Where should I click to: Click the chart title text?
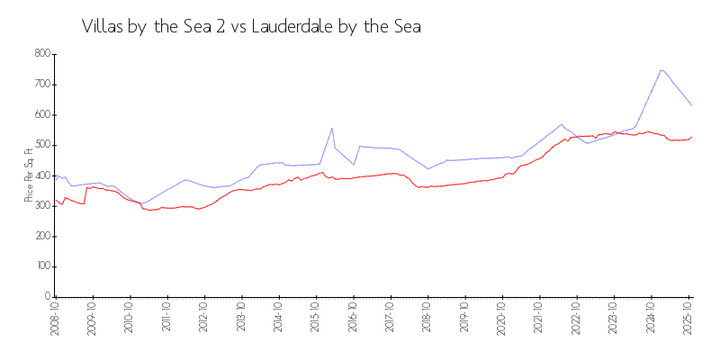point(251,27)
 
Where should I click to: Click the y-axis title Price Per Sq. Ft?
point(29,175)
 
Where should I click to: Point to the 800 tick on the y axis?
point(40,54)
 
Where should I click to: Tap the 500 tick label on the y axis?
point(40,145)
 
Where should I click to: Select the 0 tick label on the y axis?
point(46,297)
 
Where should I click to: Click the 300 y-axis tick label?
point(40,206)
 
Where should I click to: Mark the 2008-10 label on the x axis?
point(55,319)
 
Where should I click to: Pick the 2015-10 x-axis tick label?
point(316,319)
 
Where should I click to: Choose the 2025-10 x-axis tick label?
point(688,319)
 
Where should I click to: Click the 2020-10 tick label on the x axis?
point(502,319)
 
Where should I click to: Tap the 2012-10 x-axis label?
point(204,319)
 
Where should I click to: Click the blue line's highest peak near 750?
point(661,69)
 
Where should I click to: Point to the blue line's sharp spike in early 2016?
point(332,128)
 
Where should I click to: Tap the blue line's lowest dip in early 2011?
point(141,203)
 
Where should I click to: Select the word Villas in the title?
point(103,27)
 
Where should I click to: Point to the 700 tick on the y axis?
point(40,85)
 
